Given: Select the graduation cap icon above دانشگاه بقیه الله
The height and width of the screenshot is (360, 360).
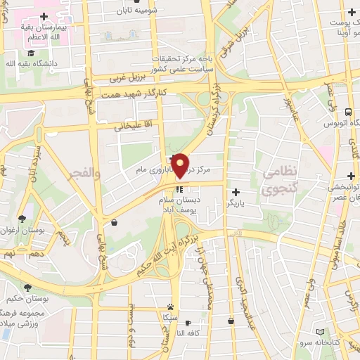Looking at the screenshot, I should [x=31, y=53].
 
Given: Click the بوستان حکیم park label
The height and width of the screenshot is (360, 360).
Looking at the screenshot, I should [x=28, y=299].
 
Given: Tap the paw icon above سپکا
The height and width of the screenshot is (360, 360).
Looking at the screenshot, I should [x=171, y=307].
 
